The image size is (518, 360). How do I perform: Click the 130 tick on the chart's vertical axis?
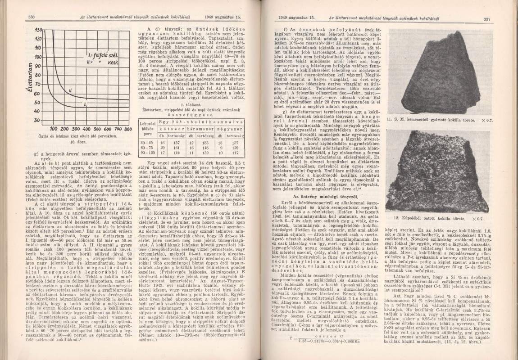tap(38, 30)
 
